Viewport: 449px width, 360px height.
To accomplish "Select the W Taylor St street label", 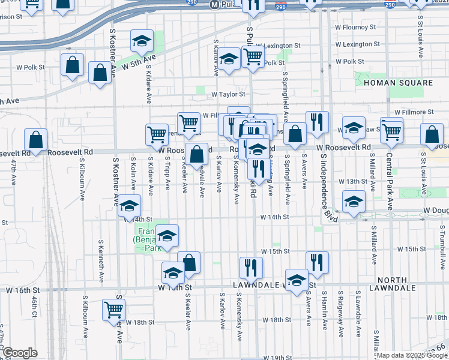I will [x=228, y=94].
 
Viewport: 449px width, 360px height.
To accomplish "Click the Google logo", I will [x=19, y=353].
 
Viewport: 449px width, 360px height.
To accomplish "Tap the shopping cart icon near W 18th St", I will [x=113, y=310].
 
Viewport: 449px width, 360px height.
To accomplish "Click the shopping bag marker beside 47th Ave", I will [x=36, y=140].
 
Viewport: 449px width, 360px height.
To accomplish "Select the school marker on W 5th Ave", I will [x=142, y=41].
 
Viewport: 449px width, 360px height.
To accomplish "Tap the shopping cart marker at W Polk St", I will [x=253, y=57].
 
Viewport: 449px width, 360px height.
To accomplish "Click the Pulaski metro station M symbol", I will [x=214, y=4].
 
